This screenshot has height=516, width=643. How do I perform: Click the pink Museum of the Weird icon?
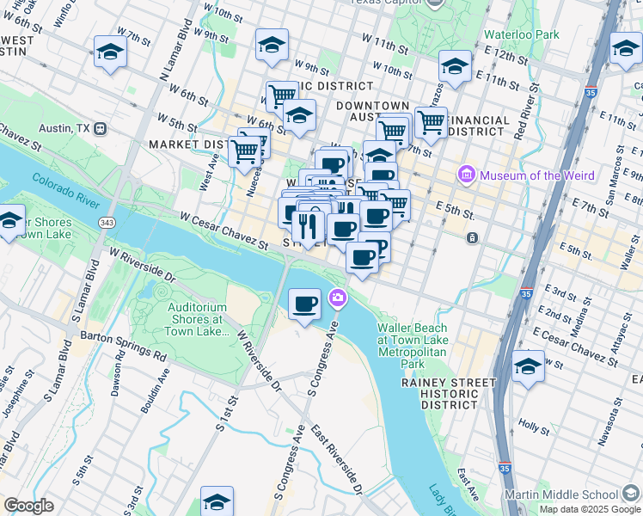point(468,175)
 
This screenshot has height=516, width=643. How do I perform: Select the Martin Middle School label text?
point(561,494)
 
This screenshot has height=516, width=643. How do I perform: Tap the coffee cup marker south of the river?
point(304,304)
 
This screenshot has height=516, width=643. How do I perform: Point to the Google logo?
point(29,506)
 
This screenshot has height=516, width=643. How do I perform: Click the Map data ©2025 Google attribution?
point(590,509)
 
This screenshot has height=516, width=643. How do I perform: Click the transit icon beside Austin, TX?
point(101,128)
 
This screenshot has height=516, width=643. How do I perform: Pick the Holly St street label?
point(533,427)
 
